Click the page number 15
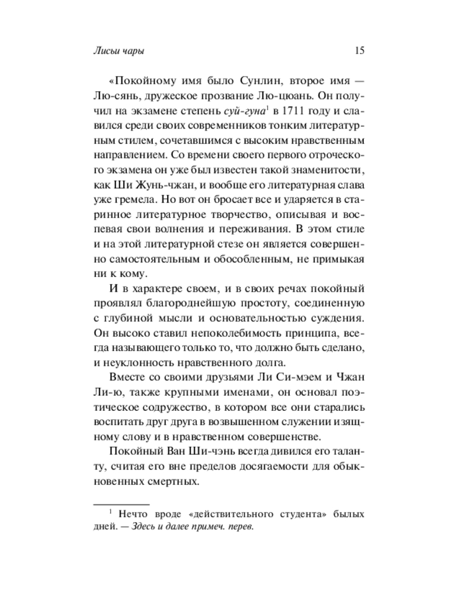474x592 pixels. tap(359, 51)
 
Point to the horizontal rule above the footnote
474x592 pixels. tap(118, 502)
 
